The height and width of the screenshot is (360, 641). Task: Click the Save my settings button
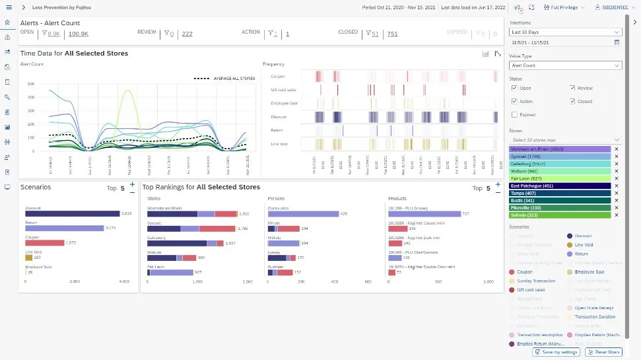(x=556, y=352)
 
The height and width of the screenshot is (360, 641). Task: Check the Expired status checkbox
(x=514, y=115)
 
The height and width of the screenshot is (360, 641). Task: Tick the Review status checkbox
(x=572, y=88)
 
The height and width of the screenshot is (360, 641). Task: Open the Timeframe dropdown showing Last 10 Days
(x=565, y=32)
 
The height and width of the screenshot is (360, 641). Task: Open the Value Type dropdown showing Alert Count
(x=565, y=65)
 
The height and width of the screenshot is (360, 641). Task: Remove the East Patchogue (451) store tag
(x=617, y=186)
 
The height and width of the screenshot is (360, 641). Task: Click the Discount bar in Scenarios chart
(x=72, y=213)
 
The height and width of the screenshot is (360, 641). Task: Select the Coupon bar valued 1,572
(x=44, y=242)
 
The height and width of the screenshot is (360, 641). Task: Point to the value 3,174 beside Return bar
(x=111, y=228)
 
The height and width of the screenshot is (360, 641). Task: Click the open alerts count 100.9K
(x=79, y=34)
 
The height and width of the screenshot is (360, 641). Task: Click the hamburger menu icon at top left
(x=9, y=7)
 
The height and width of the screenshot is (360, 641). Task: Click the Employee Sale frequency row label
(x=284, y=103)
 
